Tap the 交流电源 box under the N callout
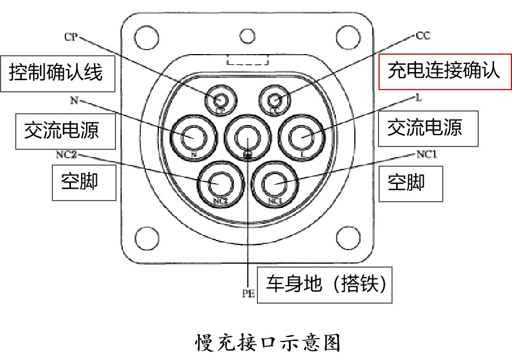(x=61, y=130)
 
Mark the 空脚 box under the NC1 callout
(x=407, y=182)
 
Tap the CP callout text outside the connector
(x=71, y=37)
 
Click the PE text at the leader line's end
(x=248, y=293)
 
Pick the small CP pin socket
(x=220, y=100)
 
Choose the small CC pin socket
(x=274, y=100)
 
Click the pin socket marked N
(x=193, y=137)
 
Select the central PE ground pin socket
(x=247, y=136)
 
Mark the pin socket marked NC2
(x=220, y=182)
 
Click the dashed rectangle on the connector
(x=248, y=60)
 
